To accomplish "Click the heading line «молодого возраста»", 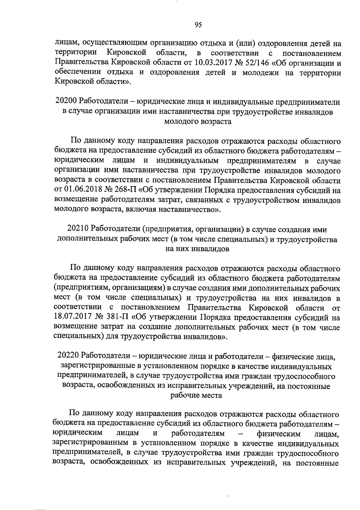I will [x=198, y=121].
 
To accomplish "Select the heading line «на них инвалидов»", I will [x=197, y=249].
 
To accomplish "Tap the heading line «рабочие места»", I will [x=196, y=395].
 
